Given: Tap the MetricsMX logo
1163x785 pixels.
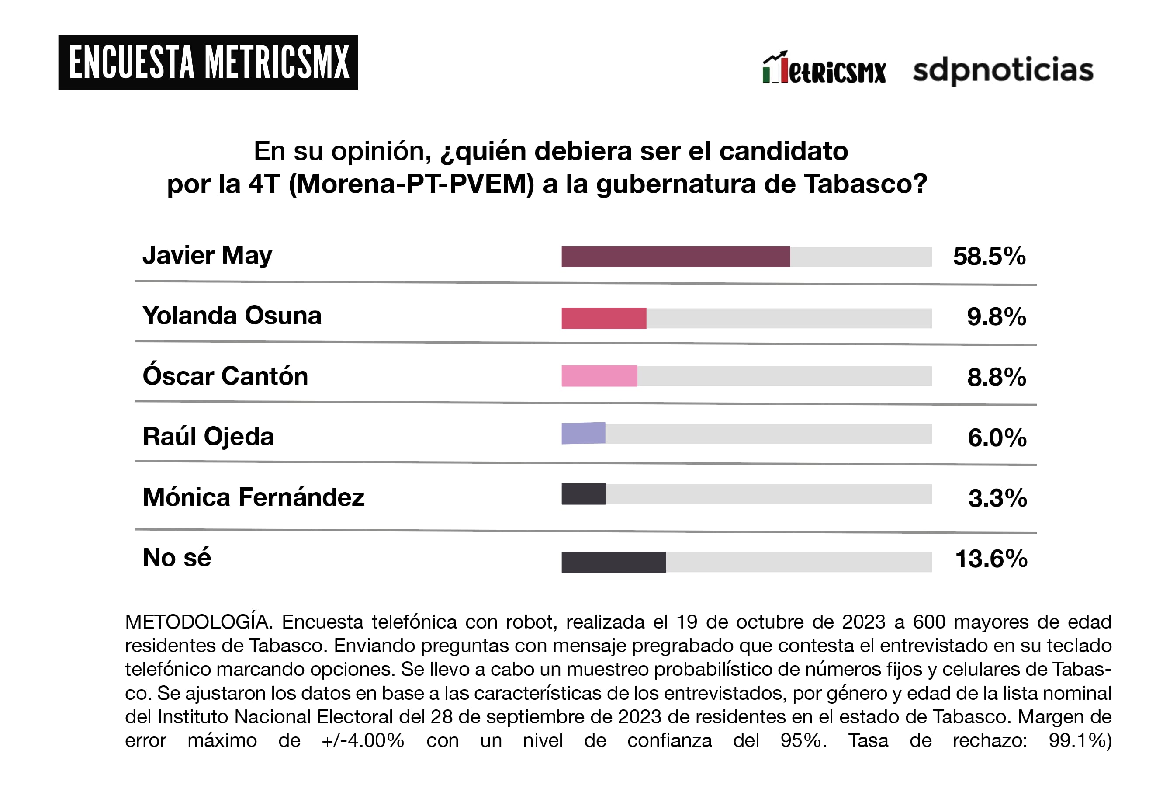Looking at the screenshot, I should tap(824, 69).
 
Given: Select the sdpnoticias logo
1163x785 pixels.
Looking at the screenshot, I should tap(1003, 70).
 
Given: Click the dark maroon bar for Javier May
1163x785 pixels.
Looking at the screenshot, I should tap(675, 257).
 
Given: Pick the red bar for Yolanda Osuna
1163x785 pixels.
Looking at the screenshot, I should tap(603, 318).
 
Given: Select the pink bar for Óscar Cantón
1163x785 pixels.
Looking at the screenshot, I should tap(599, 376).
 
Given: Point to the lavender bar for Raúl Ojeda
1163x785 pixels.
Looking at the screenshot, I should tap(583, 434).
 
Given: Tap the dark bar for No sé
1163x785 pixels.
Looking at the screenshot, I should tap(613, 562).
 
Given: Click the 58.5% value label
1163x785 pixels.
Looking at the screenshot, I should tap(989, 257).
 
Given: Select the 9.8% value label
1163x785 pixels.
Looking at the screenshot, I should tap(996, 317).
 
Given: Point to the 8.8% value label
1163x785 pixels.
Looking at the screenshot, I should tap(996, 378).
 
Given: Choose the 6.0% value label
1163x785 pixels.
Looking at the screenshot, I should tap(997, 438).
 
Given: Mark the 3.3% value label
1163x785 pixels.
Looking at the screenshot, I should tap(997, 499).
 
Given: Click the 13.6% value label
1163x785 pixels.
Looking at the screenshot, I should tap(991, 559).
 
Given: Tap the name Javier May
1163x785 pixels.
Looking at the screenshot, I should tap(207, 256).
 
